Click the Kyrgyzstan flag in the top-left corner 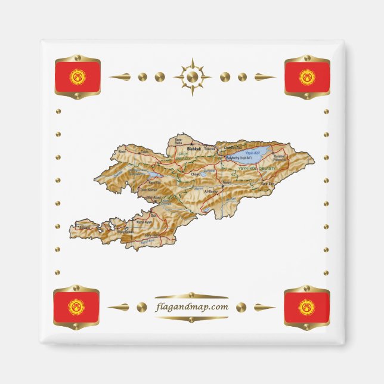[x=78, y=76]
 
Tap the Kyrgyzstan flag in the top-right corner [x=306, y=76]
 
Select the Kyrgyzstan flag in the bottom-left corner [x=76, y=307]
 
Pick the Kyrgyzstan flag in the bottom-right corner [x=306, y=307]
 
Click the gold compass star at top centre [x=192, y=76]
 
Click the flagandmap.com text [x=191, y=307]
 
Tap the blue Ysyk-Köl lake [x=244, y=157]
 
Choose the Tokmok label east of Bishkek [x=209, y=148]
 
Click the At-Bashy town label [x=210, y=191]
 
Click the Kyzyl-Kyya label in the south [x=141, y=222]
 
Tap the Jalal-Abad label [x=154, y=197]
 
